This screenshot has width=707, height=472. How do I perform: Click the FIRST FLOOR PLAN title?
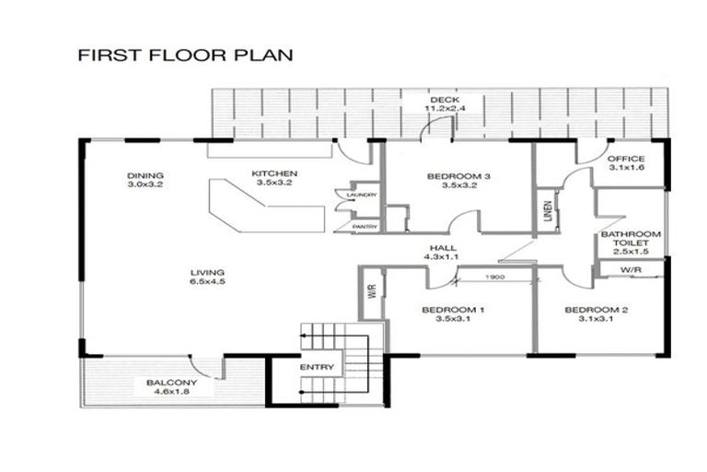tap(185, 55)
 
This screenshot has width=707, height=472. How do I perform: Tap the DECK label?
tap(445, 100)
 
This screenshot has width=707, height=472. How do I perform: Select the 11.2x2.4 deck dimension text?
tap(445, 109)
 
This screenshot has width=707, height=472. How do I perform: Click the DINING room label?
tap(145, 176)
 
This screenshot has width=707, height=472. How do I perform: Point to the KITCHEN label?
tap(274, 173)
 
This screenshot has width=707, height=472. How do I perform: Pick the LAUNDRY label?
tap(361, 195)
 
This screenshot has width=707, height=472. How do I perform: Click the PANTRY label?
tap(365, 227)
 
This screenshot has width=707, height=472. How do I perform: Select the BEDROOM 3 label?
tap(458, 176)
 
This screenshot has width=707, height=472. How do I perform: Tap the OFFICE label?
tap(626, 159)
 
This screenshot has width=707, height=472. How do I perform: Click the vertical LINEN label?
tap(548, 211)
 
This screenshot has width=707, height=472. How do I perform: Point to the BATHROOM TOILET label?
tap(631, 239)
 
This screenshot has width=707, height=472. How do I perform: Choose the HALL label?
tap(442, 248)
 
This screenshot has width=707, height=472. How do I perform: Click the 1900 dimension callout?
tap(495, 277)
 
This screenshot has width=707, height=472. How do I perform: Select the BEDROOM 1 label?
tap(453, 310)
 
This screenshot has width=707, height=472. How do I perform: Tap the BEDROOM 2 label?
tap(597, 310)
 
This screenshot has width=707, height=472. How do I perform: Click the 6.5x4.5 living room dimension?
tap(207, 281)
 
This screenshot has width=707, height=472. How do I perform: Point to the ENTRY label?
tap(317, 367)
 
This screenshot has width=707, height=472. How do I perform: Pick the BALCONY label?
tap(172, 383)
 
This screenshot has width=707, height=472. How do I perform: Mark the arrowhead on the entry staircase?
tap(303, 336)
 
